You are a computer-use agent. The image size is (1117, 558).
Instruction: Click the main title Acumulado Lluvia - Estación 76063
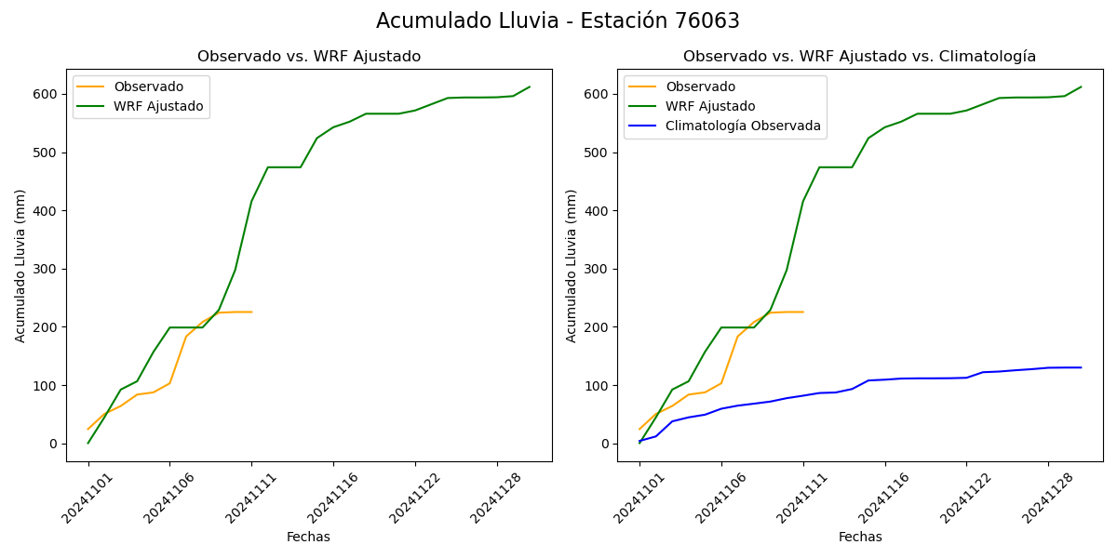[558, 21]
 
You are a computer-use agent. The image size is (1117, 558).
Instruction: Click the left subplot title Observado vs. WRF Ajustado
[309, 57]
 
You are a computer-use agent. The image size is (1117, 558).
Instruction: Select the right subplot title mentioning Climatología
[859, 57]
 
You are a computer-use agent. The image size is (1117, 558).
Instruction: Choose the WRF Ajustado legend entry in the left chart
[158, 106]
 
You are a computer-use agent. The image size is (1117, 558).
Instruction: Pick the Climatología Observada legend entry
[743, 126]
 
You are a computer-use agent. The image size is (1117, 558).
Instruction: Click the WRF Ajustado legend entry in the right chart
[710, 106]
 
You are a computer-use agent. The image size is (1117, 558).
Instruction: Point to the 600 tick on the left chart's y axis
[47, 94]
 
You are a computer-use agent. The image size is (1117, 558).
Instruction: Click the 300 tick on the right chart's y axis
[599, 269]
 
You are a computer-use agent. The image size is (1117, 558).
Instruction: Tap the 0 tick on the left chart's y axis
[55, 444]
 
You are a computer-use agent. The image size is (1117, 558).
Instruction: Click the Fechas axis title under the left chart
[308, 537]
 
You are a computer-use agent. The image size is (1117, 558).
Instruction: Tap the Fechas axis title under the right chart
[860, 537]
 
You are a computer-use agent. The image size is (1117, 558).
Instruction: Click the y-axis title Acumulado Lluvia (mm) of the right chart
[572, 265]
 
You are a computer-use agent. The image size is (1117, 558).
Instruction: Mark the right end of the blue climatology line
[1082, 367]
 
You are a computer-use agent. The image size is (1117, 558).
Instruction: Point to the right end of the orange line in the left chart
[251, 312]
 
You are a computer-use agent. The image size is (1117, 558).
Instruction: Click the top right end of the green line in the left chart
[530, 87]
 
